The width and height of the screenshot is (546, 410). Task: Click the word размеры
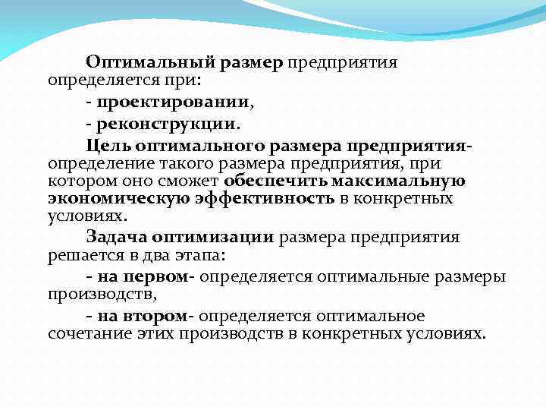(x=473, y=276)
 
